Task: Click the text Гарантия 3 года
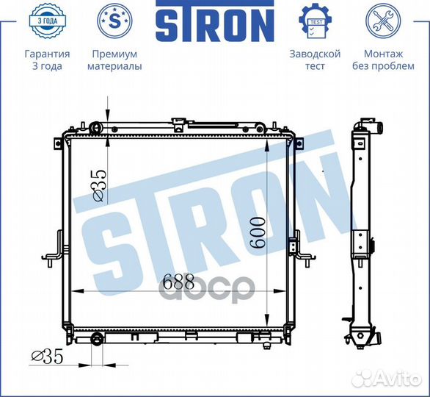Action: [47, 60]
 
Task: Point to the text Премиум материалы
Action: [114, 60]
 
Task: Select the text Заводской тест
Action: [315, 60]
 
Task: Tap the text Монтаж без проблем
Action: [383, 60]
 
